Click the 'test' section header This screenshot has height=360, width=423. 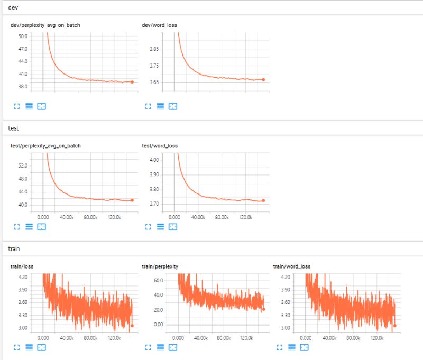click(x=15, y=128)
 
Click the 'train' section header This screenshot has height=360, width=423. click(x=16, y=248)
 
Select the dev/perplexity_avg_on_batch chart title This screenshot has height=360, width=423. click(x=45, y=25)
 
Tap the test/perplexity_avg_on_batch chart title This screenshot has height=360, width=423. click(x=45, y=146)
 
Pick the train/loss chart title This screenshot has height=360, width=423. click(x=22, y=266)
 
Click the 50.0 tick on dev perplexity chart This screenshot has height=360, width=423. click(x=23, y=36)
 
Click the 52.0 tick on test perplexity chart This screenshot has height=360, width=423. click(x=23, y=166)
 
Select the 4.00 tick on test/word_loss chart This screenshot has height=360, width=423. click(x=154, y=160)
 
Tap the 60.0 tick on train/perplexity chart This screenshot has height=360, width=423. click(x=158, y=281)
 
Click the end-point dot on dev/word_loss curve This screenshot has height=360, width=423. click(x=263, y=80)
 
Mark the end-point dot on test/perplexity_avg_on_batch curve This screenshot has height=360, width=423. click(x=132, y=200)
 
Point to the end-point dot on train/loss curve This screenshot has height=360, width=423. click(x=132, y=326)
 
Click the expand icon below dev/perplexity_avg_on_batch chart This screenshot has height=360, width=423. click(x=16, y=106)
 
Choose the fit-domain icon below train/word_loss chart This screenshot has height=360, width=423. click(x=305, y=347)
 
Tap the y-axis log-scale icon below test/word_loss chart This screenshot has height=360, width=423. click(x=161, y=227)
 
